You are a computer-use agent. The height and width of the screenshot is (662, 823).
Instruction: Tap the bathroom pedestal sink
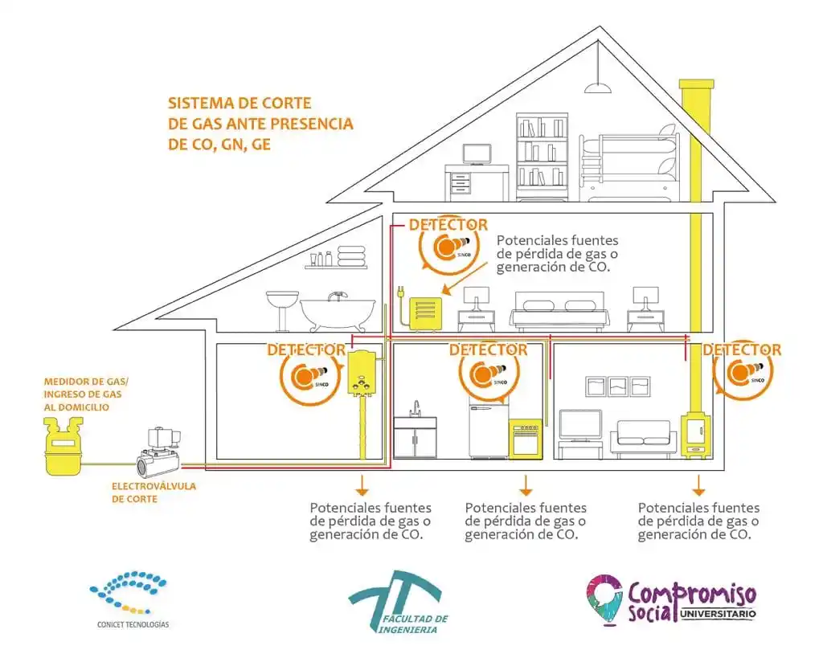[282, 305]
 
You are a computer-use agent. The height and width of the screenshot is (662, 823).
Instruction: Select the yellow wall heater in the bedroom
[426, 313]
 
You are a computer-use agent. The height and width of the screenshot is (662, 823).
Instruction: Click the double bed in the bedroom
[558, 309]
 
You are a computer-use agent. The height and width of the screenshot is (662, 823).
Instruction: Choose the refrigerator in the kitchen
[489, 430]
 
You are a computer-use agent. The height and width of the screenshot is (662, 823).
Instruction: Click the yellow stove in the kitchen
[526, 438]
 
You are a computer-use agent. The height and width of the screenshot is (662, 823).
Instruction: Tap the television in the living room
[580, 426]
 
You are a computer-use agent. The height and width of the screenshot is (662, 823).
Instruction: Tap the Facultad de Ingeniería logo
[398, 603]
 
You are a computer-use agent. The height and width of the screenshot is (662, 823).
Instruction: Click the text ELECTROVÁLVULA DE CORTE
[154, 492]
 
